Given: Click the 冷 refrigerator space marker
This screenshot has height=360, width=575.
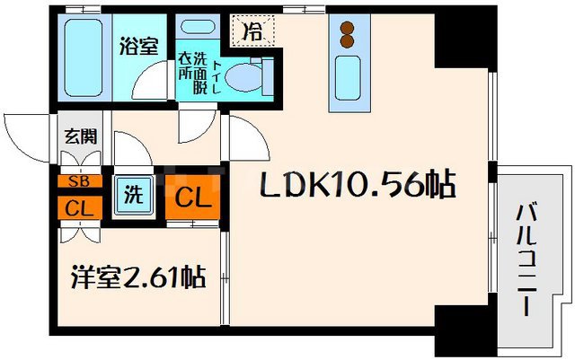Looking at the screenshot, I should [x=254, y=31].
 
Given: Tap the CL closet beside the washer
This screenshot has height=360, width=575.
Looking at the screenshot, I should [x=191, y=195].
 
